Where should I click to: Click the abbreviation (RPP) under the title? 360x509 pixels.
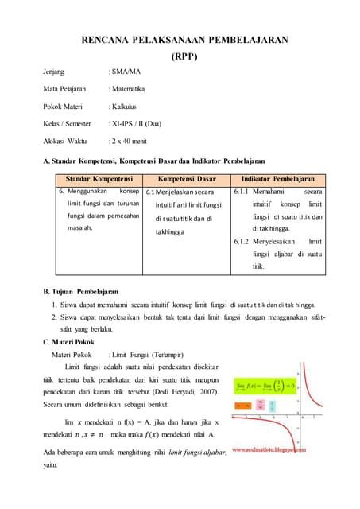pos(185,56)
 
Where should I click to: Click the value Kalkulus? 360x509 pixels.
pos(126,106)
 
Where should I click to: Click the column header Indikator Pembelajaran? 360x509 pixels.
pos(279,180)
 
